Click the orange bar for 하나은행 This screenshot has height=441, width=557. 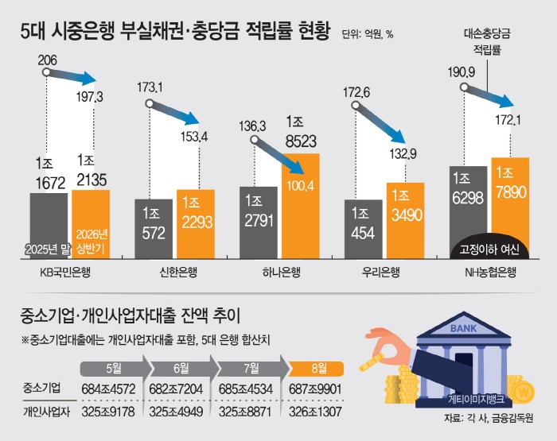point(301,206)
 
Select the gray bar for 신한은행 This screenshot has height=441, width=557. point(154,229)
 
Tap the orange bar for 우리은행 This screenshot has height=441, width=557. point(405,221)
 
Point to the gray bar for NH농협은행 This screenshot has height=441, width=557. point(468,212)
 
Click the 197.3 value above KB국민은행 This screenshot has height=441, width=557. point(89,96)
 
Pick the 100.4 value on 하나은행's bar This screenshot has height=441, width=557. point(301,186)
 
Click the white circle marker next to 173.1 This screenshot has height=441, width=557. point(150,103)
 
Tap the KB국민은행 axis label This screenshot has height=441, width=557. point(65,272)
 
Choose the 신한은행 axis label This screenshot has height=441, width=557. point(178,272)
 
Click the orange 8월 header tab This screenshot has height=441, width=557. point(316,369)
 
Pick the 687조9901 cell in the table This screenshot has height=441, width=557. point(315,389)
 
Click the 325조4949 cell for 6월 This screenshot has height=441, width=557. point(176,412)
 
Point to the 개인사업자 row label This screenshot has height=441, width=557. point(46,412)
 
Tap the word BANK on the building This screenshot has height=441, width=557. point(463,328)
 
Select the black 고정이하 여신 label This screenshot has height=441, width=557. point(489,250)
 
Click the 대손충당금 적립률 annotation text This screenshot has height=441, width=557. point(487,42)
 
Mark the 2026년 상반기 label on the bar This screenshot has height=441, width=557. point(92,242)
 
